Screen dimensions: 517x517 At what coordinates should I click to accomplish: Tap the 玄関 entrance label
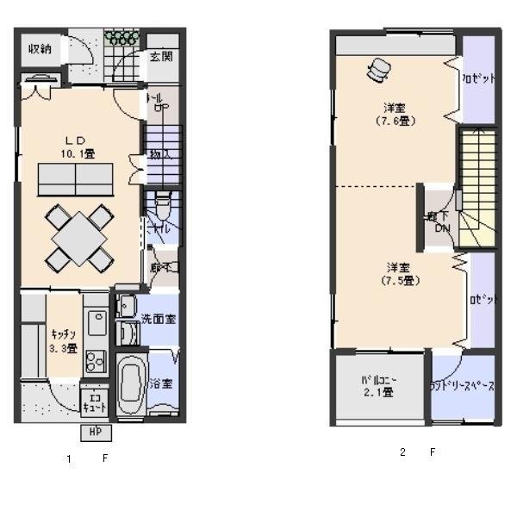160,57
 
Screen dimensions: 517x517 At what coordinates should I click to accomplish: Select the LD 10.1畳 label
77,146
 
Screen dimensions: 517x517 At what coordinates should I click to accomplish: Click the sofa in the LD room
76,181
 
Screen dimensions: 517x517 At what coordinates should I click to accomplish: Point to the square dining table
80,236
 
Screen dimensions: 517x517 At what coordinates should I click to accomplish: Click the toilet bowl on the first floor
162,206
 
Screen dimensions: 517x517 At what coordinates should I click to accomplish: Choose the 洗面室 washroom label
159,319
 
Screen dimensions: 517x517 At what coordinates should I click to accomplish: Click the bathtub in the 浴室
131,385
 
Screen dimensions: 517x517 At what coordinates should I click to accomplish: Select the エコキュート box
93,401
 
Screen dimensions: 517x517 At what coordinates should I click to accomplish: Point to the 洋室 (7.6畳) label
396,115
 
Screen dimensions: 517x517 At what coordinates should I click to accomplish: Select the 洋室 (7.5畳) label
397,273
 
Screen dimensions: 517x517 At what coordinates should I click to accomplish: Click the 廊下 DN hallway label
439,221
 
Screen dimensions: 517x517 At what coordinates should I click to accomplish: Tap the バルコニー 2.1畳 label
377,386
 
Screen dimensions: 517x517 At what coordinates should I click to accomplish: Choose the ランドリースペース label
462,387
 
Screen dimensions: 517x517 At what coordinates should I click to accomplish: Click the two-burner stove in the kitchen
95,356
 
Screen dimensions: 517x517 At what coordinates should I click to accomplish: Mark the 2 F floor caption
417,451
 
